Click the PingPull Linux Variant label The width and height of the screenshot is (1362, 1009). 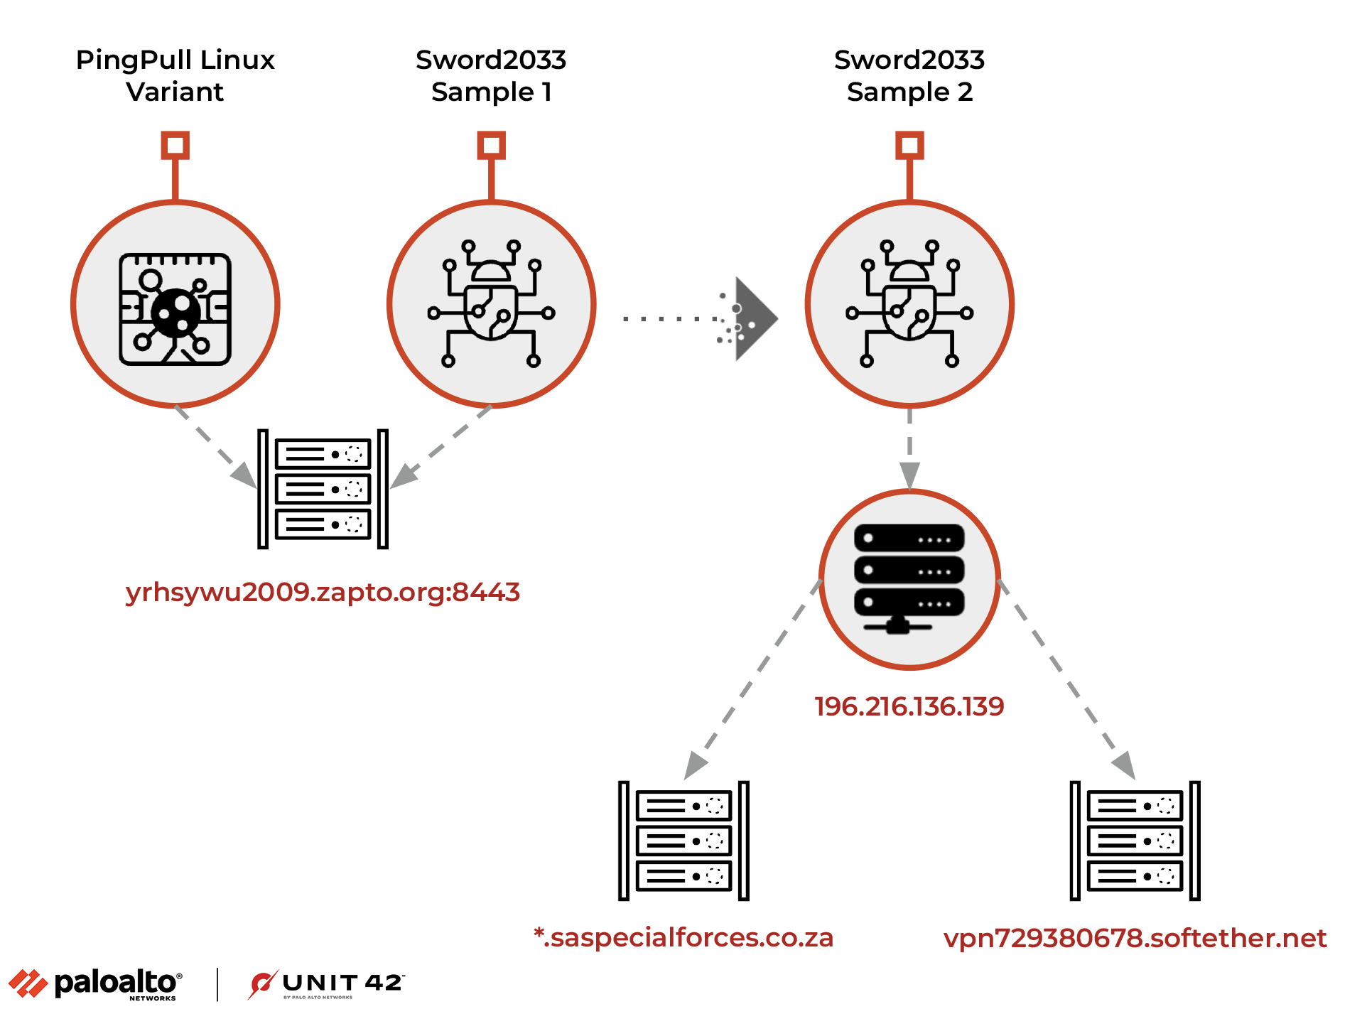[175, 75]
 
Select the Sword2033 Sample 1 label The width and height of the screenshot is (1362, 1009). [491, 75]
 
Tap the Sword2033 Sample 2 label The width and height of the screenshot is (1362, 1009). [909, 75]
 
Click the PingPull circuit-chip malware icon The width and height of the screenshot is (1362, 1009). [175, 308]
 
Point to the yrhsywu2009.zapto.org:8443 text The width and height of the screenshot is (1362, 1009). [323, 592]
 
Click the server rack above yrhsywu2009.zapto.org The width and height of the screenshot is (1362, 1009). [323, 489]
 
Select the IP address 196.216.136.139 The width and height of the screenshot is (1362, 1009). [909, 706]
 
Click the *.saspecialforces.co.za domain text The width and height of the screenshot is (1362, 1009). [683, 938]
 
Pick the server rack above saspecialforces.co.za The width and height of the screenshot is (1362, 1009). [683, 841]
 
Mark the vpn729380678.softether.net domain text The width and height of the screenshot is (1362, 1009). [1135, 938]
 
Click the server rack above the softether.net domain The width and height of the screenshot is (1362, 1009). [1135, 841]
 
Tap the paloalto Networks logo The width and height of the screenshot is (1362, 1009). [97, 984]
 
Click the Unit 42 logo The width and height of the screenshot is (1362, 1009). [327, 984]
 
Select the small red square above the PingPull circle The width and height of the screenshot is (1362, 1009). [175, 145]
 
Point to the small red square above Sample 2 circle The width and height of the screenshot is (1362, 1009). [909, 145]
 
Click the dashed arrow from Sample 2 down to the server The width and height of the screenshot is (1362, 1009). [909, 448]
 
